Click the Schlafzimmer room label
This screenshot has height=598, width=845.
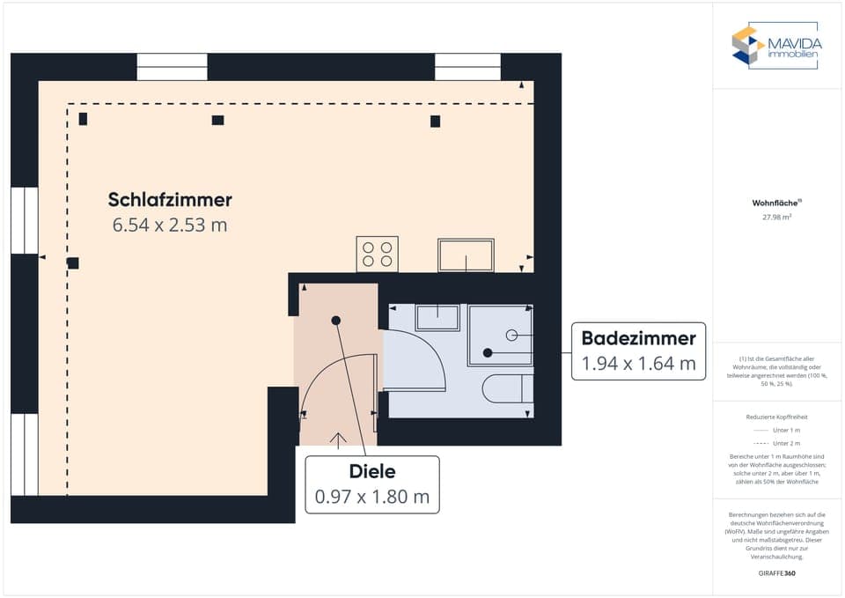(170, 199)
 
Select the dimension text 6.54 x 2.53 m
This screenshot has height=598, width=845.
(170, 225)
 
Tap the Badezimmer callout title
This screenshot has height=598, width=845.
(638, 337)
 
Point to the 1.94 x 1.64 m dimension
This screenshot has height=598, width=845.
(638, 363)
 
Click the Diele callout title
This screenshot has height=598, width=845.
(371, 471)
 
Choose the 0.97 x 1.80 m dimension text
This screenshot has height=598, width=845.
(371, 497)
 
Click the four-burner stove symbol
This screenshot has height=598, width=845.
(377, 254)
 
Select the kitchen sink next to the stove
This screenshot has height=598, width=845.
(466, 255)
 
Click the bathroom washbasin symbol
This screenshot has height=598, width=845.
(437, 317)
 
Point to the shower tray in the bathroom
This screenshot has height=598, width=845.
(500, 335)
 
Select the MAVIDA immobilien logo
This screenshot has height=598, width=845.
(775, 46)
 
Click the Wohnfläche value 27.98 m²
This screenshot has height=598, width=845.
(777, 216)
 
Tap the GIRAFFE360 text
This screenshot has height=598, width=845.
(777, 572)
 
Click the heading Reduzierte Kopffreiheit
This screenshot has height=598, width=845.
(776, 416)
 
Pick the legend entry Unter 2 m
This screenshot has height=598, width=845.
(786, 443)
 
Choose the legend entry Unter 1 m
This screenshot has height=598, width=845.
(786, 430)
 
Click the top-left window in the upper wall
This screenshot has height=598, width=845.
(172, 67)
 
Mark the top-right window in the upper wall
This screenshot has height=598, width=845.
(468, 67)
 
